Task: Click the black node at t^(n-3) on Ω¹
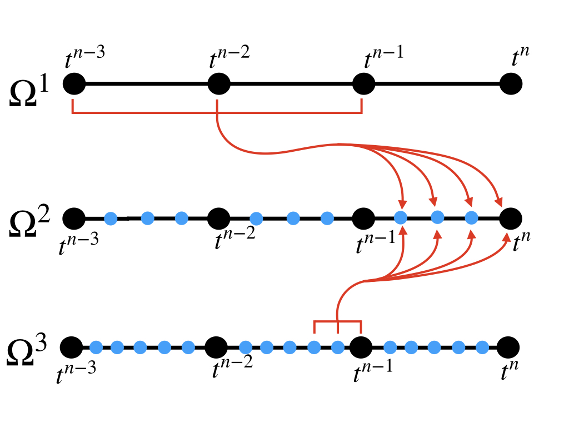[x=73, y=85]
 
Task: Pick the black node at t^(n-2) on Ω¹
[x=219, y=85]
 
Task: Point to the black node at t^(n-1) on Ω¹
[x=364, y=85]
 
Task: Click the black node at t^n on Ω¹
[x=511, y=85]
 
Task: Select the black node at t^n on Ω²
[x=511, y=218]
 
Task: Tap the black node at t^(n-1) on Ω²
[x=364, y=218]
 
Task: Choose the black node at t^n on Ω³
[x=508, y=347]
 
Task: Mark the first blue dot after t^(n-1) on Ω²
[x=401, y=218]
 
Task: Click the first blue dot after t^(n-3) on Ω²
[x=111, y=218]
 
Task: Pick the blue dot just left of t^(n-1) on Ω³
[x=337, y=347]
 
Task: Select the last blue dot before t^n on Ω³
[x=482, y=347]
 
